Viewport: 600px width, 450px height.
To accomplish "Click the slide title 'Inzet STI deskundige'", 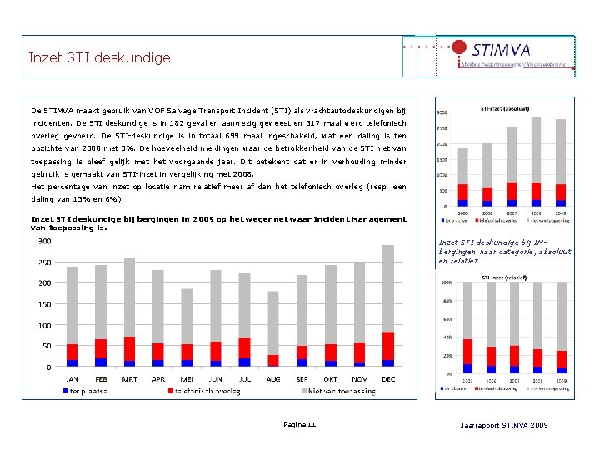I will click(x=99, y=57).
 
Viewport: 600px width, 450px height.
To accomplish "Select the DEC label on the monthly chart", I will click(x=387, y=378).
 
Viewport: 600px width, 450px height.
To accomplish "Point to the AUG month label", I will click(x=273, y=378).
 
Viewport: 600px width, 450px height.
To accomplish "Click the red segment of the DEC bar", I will click(x=387, y=346).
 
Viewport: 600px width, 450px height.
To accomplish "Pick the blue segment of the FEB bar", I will click(x=101, y=362).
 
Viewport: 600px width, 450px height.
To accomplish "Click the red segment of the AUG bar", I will click(x=273, y=360).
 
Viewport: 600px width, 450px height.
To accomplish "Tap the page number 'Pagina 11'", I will click(x=299, y=425).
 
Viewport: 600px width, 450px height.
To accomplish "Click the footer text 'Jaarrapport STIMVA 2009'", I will click(x=504, y=425).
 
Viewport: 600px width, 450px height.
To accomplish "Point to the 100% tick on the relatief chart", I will click(x=447, y=283).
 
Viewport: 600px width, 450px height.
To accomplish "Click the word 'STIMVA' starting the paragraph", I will click(x=66, y=110).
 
